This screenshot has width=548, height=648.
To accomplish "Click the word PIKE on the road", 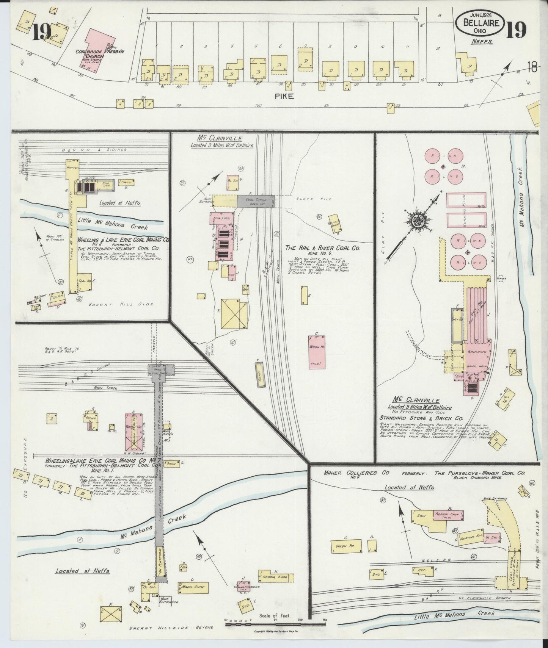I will tap(284, 96).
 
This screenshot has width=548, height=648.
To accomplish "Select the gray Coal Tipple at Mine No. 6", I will tap(255, 201).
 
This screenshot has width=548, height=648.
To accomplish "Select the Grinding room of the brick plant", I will tap(476, 352).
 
